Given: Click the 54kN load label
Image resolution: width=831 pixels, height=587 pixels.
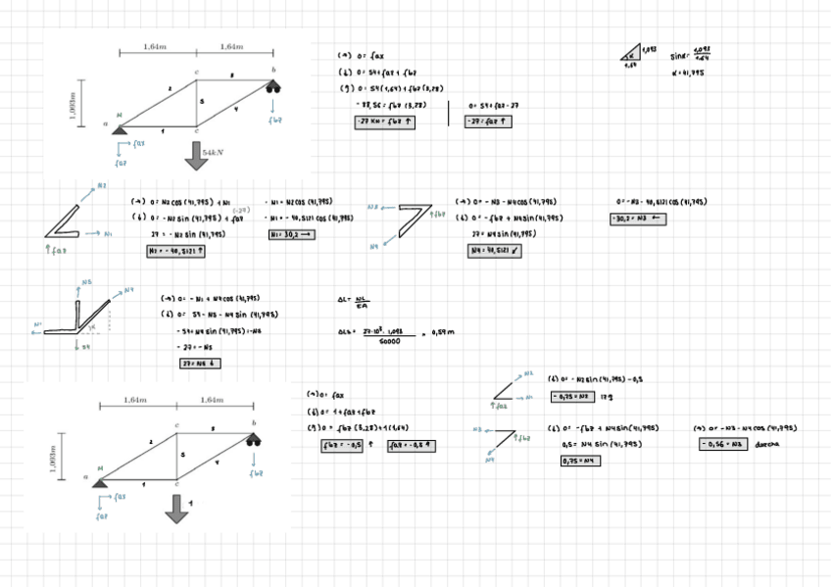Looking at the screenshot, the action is coord(215,154).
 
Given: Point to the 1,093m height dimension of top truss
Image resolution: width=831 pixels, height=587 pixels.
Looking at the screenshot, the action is coord(72,102).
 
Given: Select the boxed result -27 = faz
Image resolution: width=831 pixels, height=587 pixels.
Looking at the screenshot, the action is coord(488,122).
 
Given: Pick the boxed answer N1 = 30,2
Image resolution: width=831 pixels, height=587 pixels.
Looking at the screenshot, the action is coord(293,235).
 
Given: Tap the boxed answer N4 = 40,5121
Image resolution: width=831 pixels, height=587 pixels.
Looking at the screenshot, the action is coord(497,251).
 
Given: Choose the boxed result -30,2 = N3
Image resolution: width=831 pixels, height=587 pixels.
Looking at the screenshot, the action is coord(638,219).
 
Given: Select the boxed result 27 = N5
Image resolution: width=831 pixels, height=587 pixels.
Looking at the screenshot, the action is coord(201,364).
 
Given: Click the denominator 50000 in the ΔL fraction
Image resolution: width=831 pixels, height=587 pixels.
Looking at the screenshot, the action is coord(390,341).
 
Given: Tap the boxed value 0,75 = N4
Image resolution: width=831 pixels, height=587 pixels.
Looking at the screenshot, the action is coord(581,461).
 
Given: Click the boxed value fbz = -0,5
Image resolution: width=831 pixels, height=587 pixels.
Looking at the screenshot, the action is coord(344,445).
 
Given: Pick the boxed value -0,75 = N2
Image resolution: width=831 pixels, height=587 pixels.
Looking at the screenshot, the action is coord(573,397).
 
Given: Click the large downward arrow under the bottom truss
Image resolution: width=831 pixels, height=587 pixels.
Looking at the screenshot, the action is coord(176,508).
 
